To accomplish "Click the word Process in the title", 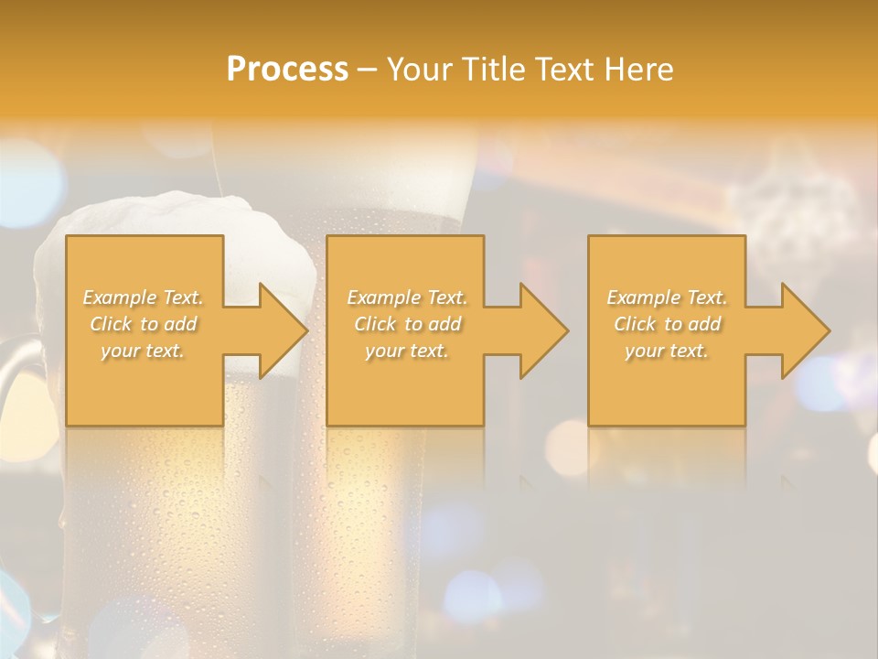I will tap(287, 70).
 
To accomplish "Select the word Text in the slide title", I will tap(565, 70).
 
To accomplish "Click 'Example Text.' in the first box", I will tap(144, 297).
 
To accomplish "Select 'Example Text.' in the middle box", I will tap(407, 297).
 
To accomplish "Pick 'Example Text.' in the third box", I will tap(667, 297).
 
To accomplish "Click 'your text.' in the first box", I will tap(144, 351).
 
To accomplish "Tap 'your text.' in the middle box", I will tap(407, 351).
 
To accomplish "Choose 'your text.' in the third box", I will tap(667, 351).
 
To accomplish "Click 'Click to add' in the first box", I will tap(144, 324).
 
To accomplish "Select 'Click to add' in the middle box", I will tap(407, 324).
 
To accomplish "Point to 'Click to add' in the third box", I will tap(667, 324).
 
